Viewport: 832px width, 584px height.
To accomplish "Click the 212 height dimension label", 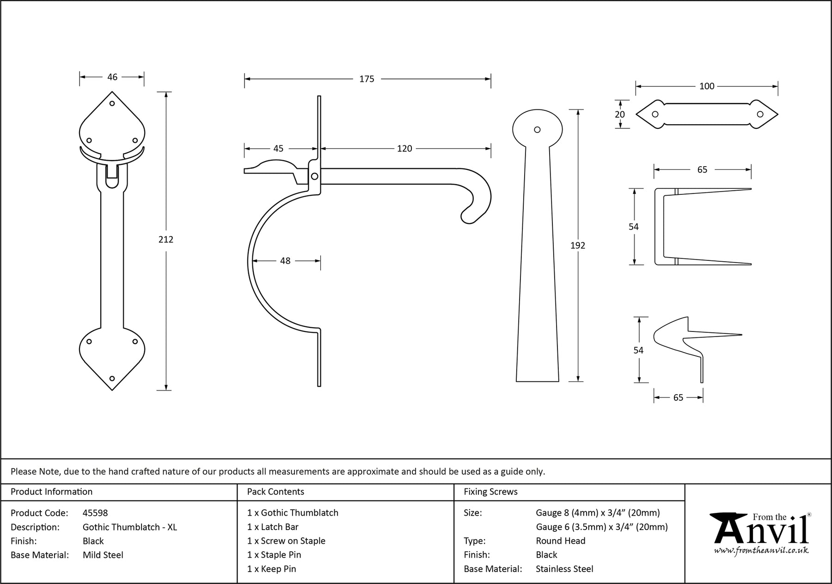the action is [166, 239].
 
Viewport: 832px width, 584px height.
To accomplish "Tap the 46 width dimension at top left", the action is [112, 77].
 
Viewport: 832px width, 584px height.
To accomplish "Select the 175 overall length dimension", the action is [367, 79].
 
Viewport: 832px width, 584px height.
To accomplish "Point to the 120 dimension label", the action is [404, 148].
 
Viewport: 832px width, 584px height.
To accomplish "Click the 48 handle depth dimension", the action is [285, 261].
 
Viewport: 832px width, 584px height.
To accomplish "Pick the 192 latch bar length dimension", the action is [578, 246].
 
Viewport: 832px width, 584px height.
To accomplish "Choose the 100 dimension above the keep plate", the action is [707, 86].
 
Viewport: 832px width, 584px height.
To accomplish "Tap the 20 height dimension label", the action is [620, 114].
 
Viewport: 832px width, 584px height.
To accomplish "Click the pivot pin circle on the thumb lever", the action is [314, 176].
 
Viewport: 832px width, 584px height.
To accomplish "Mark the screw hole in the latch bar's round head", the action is [537, 130].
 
